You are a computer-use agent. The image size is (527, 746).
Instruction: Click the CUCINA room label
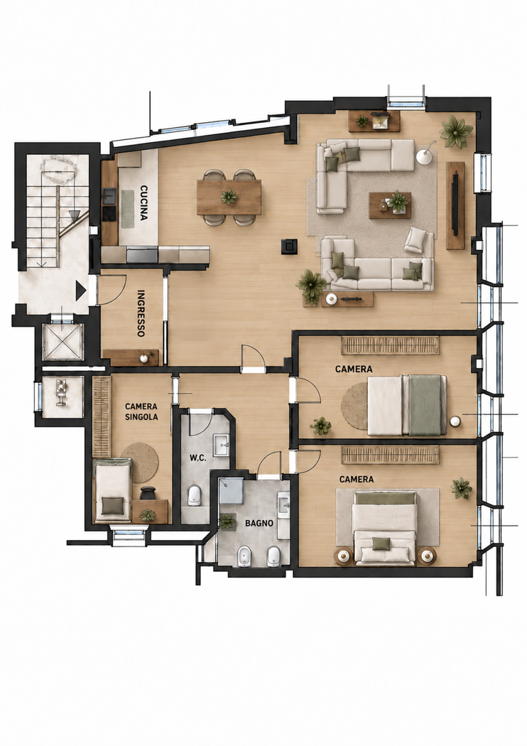pyautogui.click(x=143, y=202)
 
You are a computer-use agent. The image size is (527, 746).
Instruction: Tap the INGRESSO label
pyautogui.click(x=141, y=313)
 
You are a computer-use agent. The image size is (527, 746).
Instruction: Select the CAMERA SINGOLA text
pyautogui.click(x=141, y=411)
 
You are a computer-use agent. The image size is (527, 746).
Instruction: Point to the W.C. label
pyautogui.click(x=198, y=458)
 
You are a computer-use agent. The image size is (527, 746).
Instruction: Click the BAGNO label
pyautogui.click(x=259, y=523)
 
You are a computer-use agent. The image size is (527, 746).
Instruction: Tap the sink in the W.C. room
pyautogui.click(x=221, y=445)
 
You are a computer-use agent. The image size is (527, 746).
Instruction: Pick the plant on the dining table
pyautogui.click(x=229, y=197)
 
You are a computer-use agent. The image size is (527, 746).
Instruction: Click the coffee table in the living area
pyautogui.click(x=390, y=205)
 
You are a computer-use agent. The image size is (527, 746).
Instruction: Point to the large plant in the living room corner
pyautogui.click(x=457, y=131)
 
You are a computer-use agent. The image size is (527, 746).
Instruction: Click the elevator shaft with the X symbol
pyautogui.click(x=63, y=341)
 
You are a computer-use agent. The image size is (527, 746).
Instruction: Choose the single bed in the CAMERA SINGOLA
pyautogui.click(x=113, y=490)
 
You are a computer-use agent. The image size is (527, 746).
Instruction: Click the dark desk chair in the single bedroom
pyautogui.click(x=148, y=492)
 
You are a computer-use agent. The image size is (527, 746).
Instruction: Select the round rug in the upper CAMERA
pyautogui.click(x=355, y=406)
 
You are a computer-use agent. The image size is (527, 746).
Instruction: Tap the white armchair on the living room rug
pyautogui.click(x=415, y=239)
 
